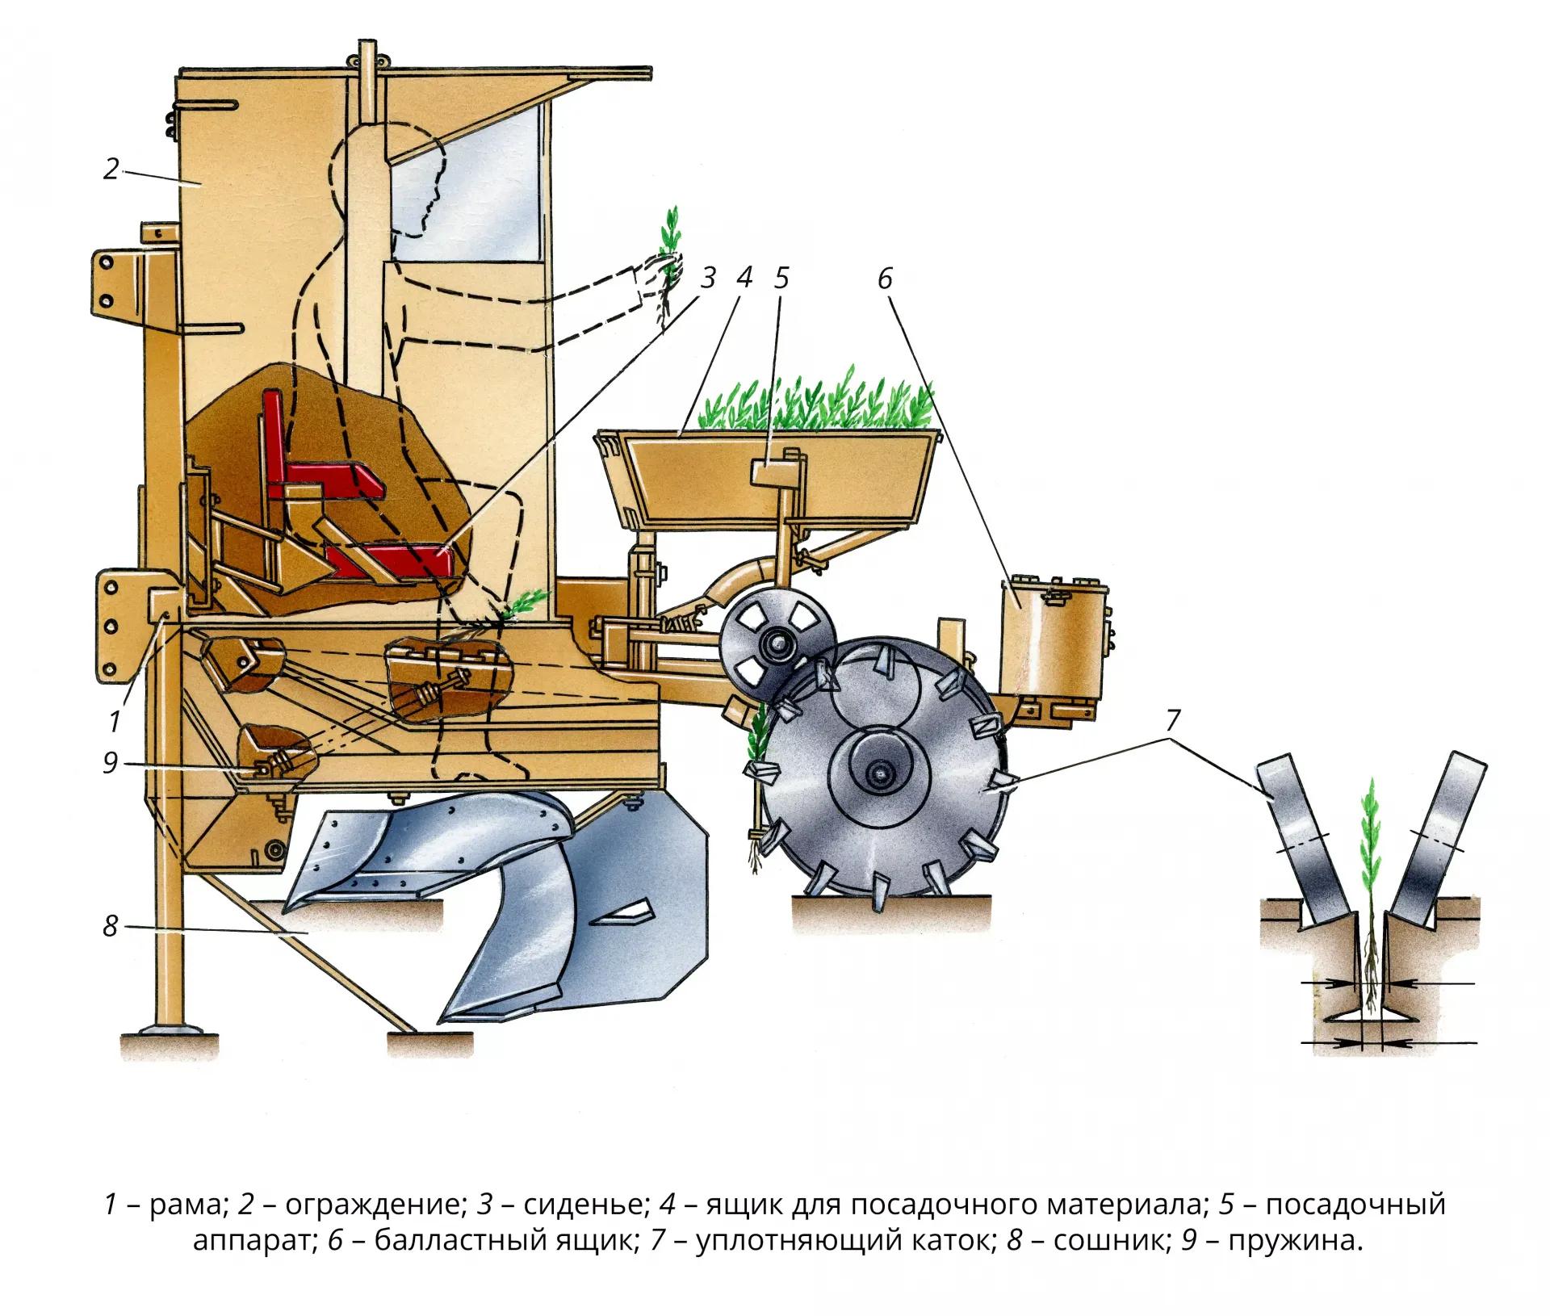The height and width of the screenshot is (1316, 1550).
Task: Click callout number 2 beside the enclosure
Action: tap(111, 169)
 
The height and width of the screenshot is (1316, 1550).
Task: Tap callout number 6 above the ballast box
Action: tap(885, 279)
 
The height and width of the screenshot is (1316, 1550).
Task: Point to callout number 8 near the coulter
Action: tap(111, 926)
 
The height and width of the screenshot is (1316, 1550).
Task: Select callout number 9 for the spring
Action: tap(111, 762)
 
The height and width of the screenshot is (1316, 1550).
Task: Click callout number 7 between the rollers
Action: tap(1172, 720)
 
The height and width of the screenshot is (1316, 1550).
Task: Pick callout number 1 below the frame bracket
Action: tap(115, 721)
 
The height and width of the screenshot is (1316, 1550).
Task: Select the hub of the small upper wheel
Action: tap(778, 645)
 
